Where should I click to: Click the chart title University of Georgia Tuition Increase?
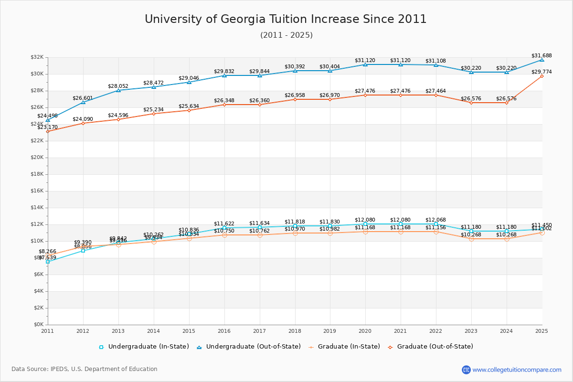286,19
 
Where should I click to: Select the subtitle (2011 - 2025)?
286,35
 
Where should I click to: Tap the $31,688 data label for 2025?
541,56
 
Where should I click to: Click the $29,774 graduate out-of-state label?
541,72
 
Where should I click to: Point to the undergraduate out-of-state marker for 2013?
118,90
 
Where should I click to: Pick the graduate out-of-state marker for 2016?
224,105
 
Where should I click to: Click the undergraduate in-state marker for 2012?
83,250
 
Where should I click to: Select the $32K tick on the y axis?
37,57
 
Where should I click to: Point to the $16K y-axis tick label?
37,191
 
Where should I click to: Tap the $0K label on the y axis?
38,325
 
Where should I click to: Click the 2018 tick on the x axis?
295,331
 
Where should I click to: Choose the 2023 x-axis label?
471,331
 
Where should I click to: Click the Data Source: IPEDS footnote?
85,369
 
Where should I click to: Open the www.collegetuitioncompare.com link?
517,370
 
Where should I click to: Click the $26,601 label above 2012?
83,98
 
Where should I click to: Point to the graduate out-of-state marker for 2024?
507,103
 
